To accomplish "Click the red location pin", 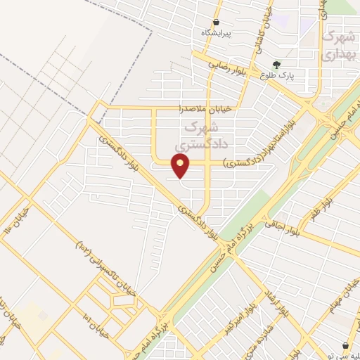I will point(181,165).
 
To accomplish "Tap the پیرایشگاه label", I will point(217,33).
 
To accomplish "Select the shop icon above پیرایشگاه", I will point(217,22).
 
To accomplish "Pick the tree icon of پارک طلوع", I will point(285,63).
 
